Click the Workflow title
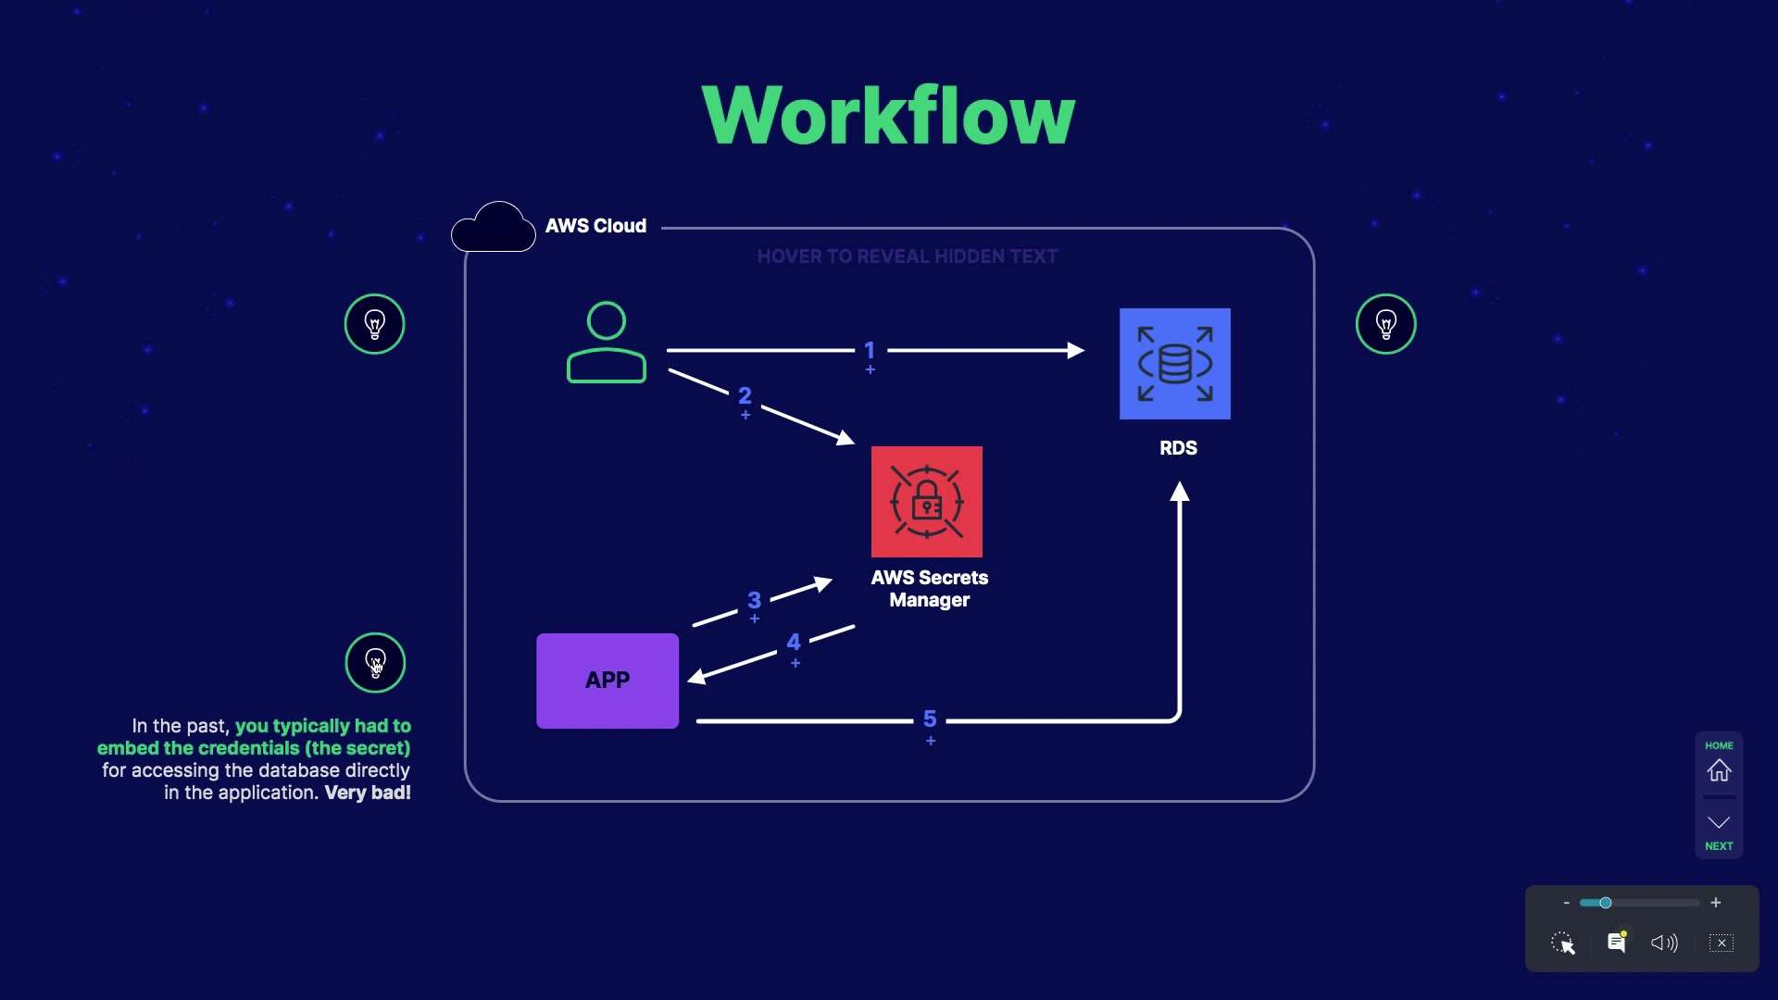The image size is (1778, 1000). click(x=888, y=115)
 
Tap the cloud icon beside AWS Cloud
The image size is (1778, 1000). click(x=494, y=228)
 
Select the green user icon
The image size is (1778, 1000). click(x=607, y=343)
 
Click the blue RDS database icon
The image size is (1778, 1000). click(x=1174, y=364)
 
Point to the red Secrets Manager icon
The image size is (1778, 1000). click(x=926, y=502)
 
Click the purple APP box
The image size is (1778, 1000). click(x=607, y=681)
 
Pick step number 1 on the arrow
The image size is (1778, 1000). click(x=870, y=350)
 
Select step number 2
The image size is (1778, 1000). click(x=745, y=396)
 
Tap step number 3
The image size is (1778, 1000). click(x=754, y=601)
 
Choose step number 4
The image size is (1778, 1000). click(x=794, y=643)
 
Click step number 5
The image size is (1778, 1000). click(x=930, y=719)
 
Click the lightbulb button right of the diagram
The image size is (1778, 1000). click(x=1385, y=324)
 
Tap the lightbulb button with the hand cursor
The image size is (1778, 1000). click(x=375, y=663)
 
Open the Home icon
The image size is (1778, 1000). click(x=1719, y=769)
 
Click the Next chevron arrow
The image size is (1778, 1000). click(x=1719, y=823)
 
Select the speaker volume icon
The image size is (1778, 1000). click(x=1664, y=943)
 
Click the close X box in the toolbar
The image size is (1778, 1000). click(x=1722, y=943)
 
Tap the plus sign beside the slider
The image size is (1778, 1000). click(x=1716, y=903)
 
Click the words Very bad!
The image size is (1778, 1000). click(x=368, y=793)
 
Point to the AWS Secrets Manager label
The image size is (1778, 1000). click(x=930, y=589)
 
